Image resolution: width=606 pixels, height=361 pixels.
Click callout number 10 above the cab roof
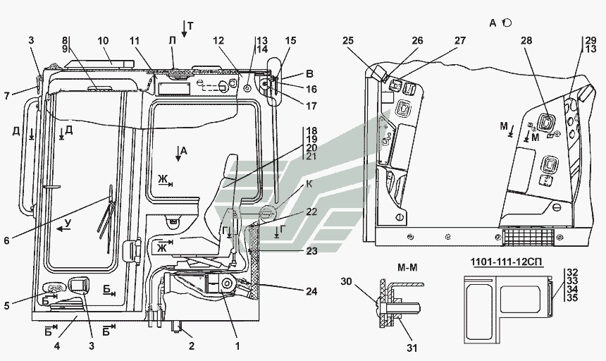click(103, 41)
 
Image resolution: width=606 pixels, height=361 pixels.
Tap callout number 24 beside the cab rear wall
click(311, 291)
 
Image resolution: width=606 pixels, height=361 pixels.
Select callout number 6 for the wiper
click(6, 240)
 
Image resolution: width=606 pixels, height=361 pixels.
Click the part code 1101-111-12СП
click(506, 262)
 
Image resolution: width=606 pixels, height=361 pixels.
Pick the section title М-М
click(407, 267)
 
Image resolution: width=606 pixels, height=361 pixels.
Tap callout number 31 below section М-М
click(412, 348)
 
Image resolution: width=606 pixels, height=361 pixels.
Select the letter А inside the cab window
click(184, 151)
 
